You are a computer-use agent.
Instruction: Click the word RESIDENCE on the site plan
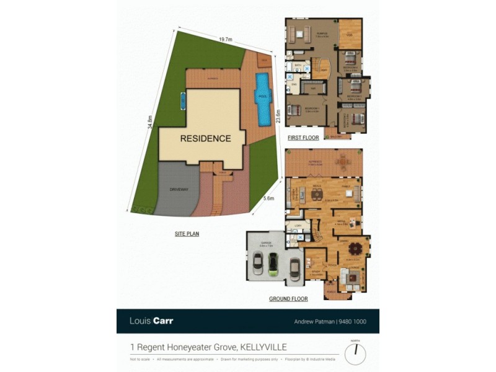pos(205,138)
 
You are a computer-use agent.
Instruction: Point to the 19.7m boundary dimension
pos(225,40)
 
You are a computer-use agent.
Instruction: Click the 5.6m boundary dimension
pos(268,198)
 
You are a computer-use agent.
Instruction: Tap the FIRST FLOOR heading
pos(303,138)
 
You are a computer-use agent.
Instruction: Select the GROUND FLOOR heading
pos(288,299)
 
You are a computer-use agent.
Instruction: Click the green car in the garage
pos(272,265)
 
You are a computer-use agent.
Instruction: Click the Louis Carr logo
pos(151,321)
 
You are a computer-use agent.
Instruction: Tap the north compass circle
pos(355,354)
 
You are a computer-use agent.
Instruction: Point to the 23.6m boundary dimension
pos(278,116)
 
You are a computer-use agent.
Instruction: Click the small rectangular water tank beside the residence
pos(183,99)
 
